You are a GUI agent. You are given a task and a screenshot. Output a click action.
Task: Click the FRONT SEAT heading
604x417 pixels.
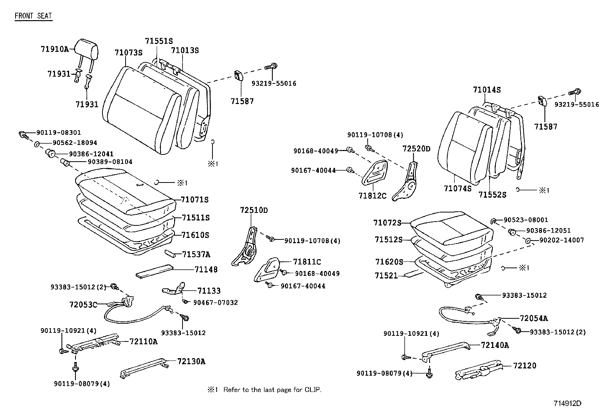click(x=33, y=16)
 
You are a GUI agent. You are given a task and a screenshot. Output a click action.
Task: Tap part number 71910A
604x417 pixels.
click(x=55, y=49)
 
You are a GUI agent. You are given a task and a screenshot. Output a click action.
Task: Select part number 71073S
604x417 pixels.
click(x=128, y=53)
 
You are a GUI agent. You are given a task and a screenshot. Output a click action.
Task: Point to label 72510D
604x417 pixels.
click(x=254, y=210)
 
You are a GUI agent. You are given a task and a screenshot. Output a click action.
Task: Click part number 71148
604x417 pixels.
click(x=206, y=269)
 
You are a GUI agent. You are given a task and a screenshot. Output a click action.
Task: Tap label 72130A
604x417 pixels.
click(x=191, y=361)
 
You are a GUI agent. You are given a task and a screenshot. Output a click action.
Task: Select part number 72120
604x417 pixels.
click(x=525, y=366)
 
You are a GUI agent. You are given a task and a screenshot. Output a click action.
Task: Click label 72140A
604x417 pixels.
click(x=495, y=345)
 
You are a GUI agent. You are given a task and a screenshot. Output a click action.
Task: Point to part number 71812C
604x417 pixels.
click(x=372, y=196)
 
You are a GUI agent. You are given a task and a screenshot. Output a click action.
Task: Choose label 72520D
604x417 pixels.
click(x=416, y=149)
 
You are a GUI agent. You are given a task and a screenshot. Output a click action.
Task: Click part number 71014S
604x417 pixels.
click(x=487, y=90)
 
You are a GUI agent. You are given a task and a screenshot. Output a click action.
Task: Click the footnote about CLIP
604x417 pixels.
click(x=264, y=390)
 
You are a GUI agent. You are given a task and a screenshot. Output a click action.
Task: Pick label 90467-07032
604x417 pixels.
click(x=215, y=302)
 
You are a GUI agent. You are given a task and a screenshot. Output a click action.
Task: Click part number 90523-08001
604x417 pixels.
click(x=525, y=220)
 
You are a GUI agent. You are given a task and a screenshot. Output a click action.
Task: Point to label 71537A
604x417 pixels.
click(x=196, y=254)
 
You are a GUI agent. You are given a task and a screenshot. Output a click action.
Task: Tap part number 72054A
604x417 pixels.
click(x=533, y=318)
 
